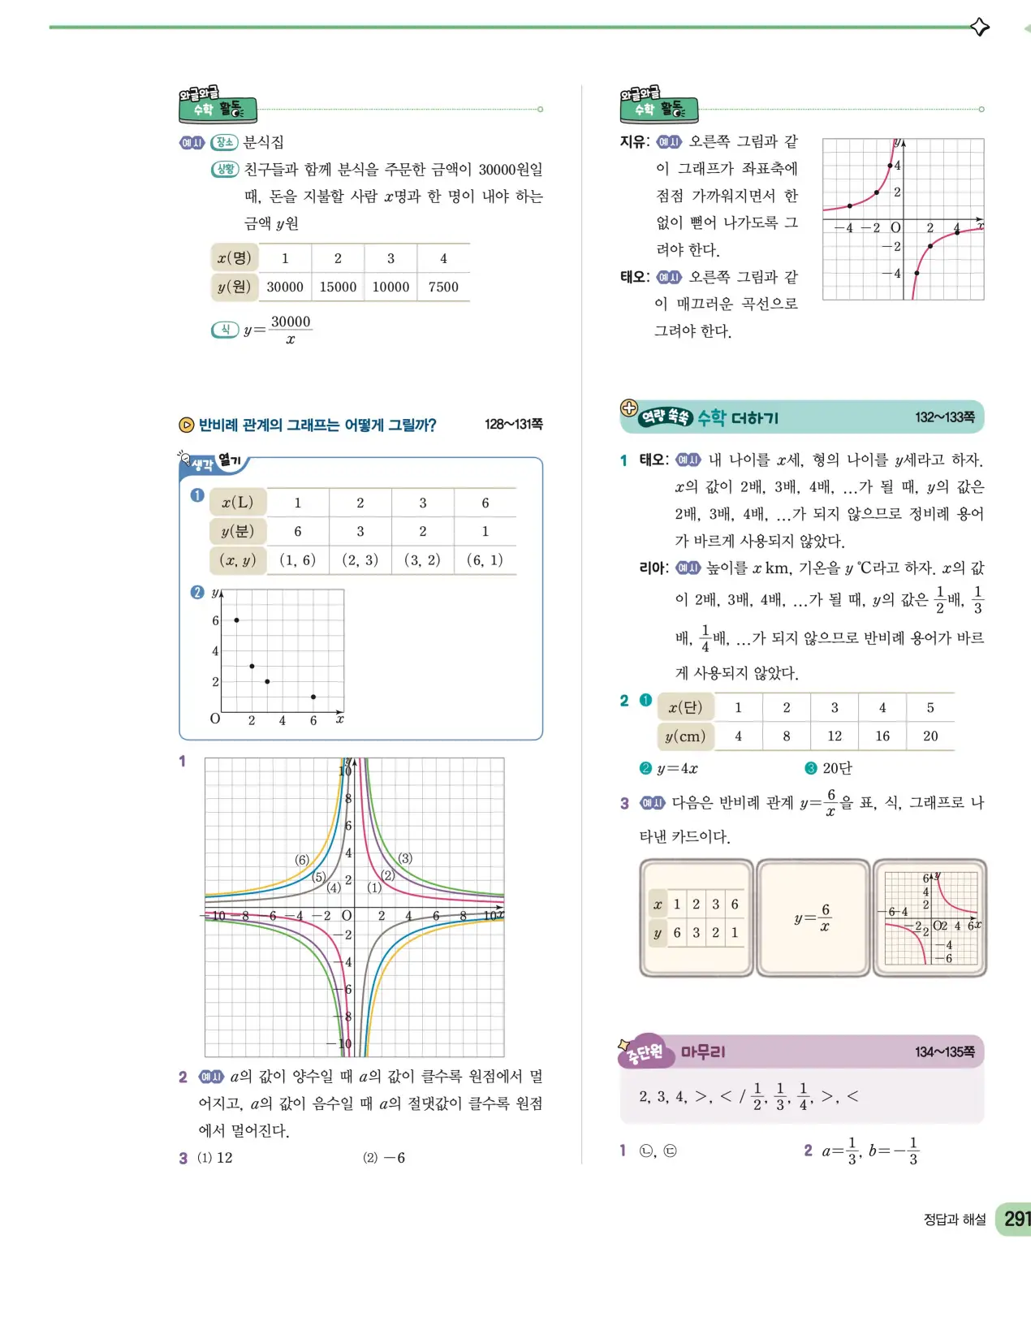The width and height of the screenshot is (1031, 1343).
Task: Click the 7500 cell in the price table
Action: click(443, 287)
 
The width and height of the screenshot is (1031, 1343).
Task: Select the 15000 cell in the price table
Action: click(338, 287)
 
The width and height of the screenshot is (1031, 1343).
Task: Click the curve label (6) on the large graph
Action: click(302, 860)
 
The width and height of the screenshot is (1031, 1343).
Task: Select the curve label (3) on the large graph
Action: click(405, 858)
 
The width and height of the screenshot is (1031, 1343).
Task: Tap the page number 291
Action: click(1016, 1219)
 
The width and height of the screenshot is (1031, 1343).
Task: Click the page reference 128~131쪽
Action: click(513, 424)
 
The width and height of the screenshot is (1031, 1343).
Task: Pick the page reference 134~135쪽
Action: click(944, 1052)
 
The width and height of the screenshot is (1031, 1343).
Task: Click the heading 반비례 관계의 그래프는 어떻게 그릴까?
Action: click(317, 425)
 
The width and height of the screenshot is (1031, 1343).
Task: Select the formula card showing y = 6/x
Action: click(813, 918)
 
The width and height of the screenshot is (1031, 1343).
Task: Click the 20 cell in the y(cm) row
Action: click(930, 736)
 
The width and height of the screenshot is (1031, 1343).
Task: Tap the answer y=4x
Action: click(677, 768)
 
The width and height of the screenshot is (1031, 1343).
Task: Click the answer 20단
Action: click(836, 768)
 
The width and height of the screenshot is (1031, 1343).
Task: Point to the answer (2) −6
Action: click(384, 1158)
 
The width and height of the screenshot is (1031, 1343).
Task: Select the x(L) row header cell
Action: click(237, 503)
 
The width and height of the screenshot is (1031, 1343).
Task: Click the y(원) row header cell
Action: click(234, 287)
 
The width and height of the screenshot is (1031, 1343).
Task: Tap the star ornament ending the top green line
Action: click(980, 27)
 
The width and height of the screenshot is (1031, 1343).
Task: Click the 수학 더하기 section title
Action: click(737, 418)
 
